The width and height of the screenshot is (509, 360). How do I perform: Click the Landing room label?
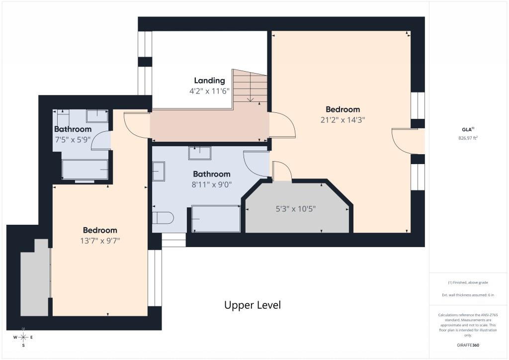pos(209,81)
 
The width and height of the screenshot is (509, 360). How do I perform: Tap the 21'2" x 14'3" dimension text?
pos(343,120)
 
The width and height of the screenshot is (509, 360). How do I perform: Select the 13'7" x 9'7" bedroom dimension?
pos(100,241)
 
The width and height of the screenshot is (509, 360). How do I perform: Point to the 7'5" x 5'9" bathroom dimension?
pos(73,140)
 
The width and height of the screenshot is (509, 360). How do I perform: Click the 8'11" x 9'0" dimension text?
pos(212,184)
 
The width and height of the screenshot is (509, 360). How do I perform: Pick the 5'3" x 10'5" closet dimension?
pos(295,209)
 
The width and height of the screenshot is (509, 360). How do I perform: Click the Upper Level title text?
pos(253,305)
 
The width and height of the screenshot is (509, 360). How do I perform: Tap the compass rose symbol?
pos(23,338)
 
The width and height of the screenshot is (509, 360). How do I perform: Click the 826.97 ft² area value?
pos(468,138)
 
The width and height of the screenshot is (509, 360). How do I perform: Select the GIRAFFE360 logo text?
pos(468,345)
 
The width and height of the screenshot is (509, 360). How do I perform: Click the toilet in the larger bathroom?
pos(163,218)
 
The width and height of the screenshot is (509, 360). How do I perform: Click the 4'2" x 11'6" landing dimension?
pos(209,91)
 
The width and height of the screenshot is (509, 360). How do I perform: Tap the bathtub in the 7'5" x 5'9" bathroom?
pos(85,170)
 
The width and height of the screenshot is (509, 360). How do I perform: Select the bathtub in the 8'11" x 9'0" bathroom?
pos(216,218)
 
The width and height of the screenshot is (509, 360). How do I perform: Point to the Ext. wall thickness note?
pos(468,295)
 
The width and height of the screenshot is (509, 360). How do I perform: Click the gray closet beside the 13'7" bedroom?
pos(35,277)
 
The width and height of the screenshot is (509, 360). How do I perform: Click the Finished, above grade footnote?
pos(468,282)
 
